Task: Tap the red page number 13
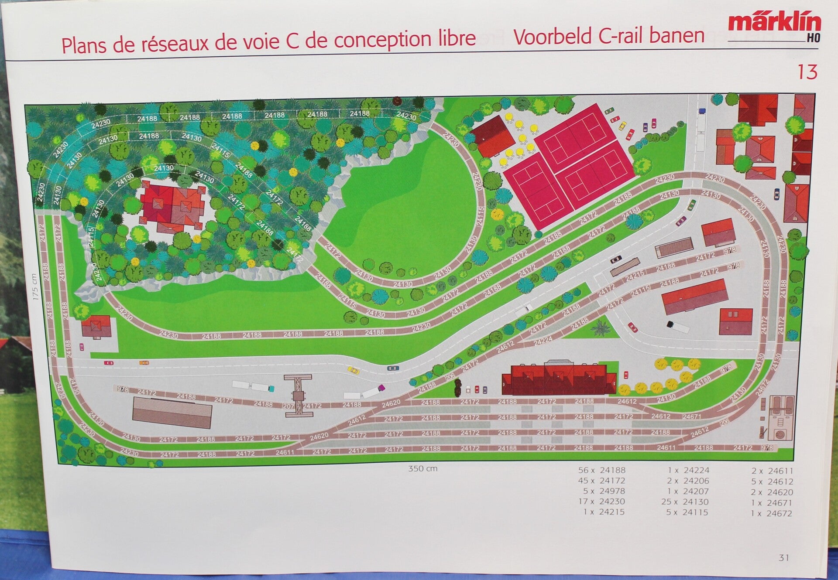coord(807,72)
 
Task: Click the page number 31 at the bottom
coord(784,557)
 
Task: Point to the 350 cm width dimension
coord(422,469)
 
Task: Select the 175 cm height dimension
coord(35,287)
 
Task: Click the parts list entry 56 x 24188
coord(602,470)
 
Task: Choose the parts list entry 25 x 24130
coord(685,502)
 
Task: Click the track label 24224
coord(543,341)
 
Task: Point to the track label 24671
coord(692,416)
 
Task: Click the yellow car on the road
coord(354,371)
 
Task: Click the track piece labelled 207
coord(288,406)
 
